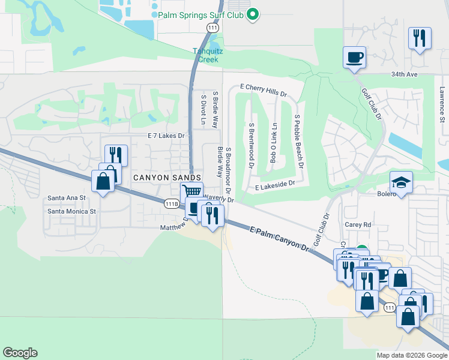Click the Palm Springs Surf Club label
(200, 14)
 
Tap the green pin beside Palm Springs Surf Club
(253, 14)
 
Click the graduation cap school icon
(401, 181)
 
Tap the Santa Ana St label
(67, 197)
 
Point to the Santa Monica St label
(72, 211)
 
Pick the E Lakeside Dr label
(275, 187)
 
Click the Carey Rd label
(358, 225)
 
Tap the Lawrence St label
(442, 103)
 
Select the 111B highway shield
(171, 204)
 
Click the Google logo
(20, 353)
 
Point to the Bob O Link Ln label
(274, 143)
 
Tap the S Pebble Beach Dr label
(297, 142)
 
